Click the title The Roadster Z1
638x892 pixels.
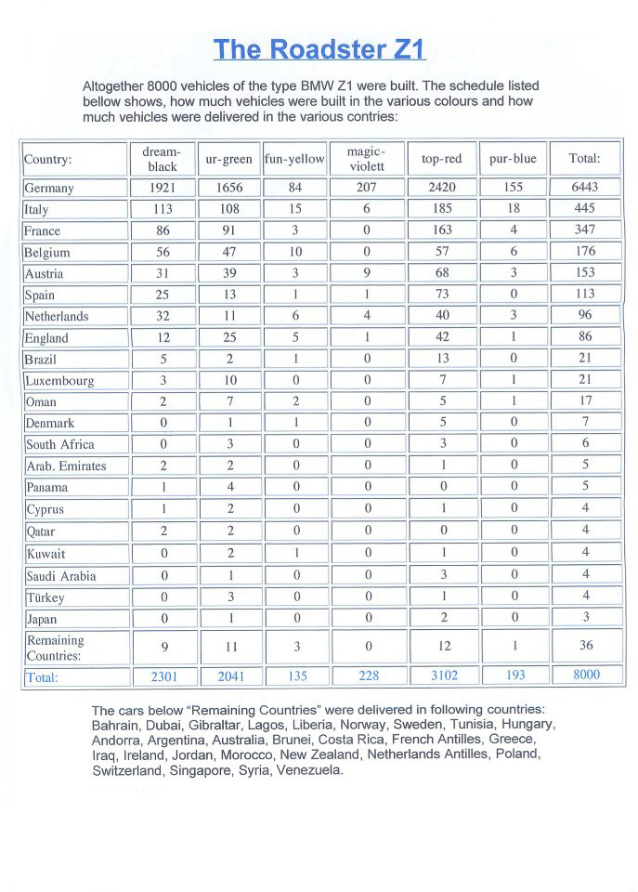[319, 48]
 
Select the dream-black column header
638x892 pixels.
[163, 159]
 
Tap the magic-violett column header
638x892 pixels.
[366, 159]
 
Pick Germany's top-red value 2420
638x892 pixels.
[441, 188]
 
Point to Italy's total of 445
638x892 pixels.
[585, 209]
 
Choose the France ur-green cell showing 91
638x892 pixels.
[228, 230]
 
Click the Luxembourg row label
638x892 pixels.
[59, 380]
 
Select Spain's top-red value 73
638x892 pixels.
[441, 295]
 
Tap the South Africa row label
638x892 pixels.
[59, 444]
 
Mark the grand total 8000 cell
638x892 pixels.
[585, 676]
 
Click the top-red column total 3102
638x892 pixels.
[441, 676]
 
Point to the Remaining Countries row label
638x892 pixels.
[55, 648]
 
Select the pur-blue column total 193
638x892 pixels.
[513, 676]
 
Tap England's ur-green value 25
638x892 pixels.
[228, 337]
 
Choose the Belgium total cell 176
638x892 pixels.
[585, 252]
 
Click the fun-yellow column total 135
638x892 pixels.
[294, 676]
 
